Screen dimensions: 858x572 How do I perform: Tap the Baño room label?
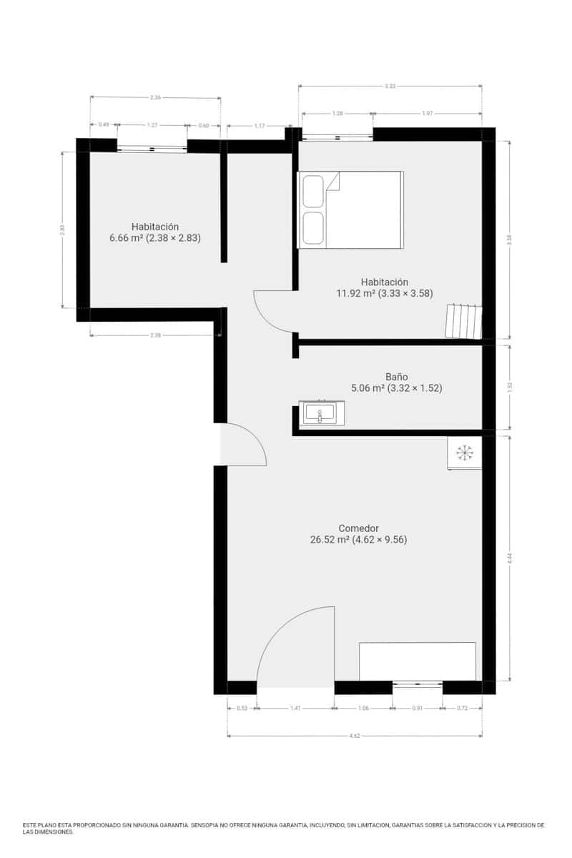396,376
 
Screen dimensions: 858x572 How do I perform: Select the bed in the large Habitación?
350,209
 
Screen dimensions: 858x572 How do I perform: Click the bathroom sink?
320,413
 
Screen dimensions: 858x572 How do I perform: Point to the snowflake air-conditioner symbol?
465,453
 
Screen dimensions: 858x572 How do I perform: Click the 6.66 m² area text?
124,238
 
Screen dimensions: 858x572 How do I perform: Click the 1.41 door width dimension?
295,709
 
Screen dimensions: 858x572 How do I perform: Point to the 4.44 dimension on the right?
509,558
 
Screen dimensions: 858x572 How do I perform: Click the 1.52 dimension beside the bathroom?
509,387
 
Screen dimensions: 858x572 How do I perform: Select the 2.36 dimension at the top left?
155,97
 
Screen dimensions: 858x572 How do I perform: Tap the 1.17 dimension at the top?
259,126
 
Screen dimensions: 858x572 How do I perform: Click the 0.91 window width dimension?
417,709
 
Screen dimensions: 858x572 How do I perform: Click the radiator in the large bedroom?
463,321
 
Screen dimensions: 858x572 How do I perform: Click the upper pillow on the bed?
313,191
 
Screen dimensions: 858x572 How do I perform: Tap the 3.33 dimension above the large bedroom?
390,86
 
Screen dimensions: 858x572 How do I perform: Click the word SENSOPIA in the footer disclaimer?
209,825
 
